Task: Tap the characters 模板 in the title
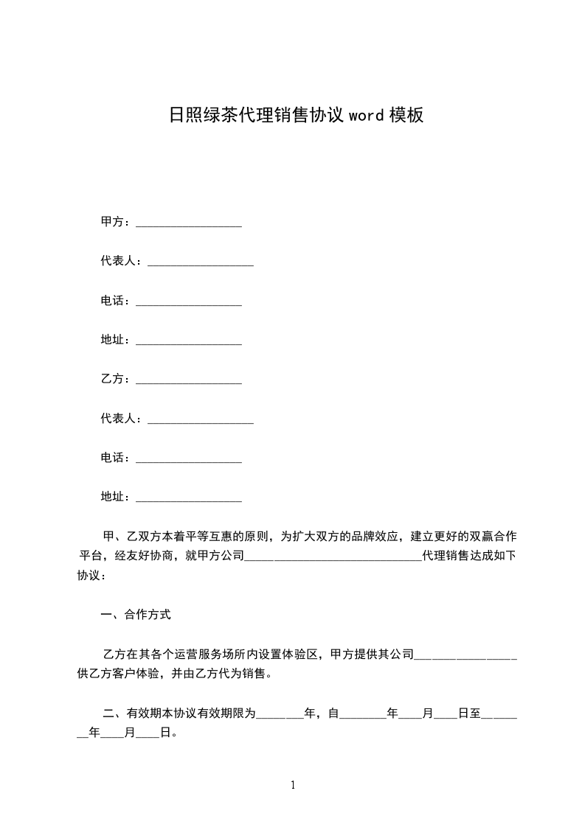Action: coord(406,115)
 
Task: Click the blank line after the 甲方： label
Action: coord(189,224)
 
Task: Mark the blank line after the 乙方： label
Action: coord(189,381)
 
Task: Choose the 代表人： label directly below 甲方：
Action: coord(122,261)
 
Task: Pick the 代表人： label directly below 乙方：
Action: coord(122,418)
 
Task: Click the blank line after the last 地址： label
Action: coord(189,499)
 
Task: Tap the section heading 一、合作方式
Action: coord(136,613)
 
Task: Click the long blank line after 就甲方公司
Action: coord(332,558)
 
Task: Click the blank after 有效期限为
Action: coord(280,715)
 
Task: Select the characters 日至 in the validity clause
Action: coord(469,713)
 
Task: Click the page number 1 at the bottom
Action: coord(293,785)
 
